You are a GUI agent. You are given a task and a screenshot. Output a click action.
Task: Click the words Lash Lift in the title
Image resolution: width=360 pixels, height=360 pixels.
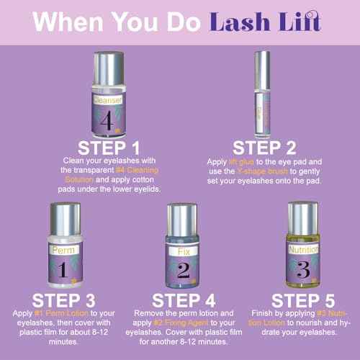tap(266, 20)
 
